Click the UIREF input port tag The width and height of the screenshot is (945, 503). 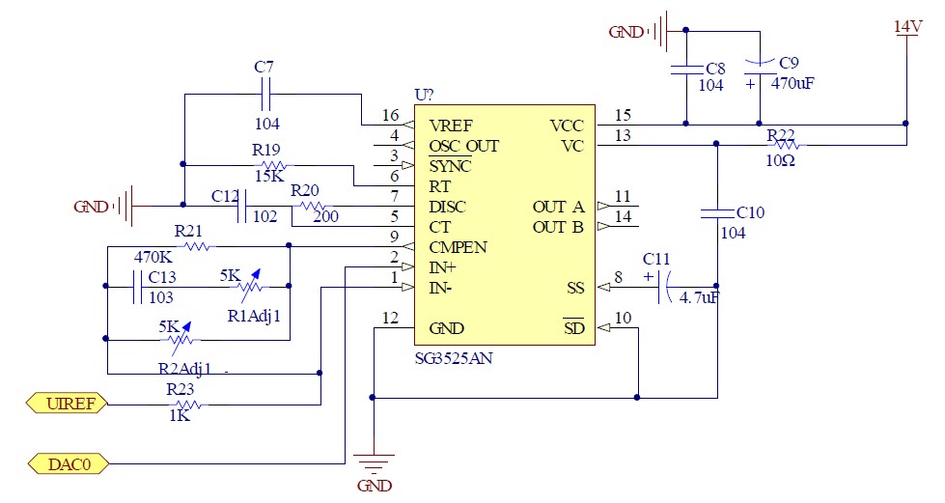click(x=68, y=404)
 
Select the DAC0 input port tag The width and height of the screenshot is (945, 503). click(x=68, y=463)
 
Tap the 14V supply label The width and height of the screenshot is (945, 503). click(x=907, y=26)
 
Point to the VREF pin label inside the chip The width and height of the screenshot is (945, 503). click(x=451, y=126)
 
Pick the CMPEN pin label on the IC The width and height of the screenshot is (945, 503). click(x=458, y=247)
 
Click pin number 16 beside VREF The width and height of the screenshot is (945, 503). click(x=390, y=115)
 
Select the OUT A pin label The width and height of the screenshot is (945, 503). click(x=558, y=207)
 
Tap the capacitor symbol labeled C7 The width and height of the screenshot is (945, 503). click(x=264, y=95)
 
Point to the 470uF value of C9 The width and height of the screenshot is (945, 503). click(x=792, y=83)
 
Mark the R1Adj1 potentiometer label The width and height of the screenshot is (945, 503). click(x=253, y=315)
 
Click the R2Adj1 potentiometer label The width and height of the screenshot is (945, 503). click(x=183, y=367)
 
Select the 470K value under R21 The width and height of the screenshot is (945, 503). click(x=153, y=258)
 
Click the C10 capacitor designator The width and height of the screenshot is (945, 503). click(x=750, y=212)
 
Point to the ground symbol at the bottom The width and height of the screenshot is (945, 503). click(x=374, y=464)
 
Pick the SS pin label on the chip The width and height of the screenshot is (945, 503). click(x=575, y=288)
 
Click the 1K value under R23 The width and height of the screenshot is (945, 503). click(x=179, y=415)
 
